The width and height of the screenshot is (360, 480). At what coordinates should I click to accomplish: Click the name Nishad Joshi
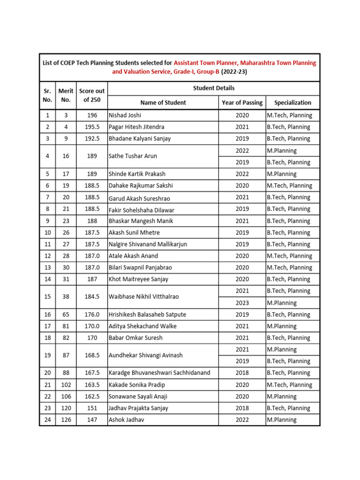[125, 115]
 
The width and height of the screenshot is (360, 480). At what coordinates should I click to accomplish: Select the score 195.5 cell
[92, 127]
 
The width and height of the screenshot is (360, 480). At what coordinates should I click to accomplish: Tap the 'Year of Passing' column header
[242, 103]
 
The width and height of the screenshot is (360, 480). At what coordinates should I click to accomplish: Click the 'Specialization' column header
[292, 103]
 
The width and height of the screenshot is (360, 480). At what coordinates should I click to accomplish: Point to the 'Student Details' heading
[214, 88]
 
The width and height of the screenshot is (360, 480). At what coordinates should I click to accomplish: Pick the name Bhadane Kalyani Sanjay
[140, 139]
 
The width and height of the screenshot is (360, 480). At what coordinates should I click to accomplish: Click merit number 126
[66, 420]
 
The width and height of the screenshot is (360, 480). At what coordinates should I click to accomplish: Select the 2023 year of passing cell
[242, 303]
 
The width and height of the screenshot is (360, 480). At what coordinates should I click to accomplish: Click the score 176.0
[92, 315]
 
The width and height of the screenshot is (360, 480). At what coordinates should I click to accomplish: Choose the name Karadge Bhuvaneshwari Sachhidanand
[159, 373]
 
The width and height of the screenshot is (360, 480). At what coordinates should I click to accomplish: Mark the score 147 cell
[92, 420]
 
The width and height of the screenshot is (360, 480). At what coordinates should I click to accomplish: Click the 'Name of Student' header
[163, 103]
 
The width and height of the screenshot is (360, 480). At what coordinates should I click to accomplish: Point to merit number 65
[66, 315]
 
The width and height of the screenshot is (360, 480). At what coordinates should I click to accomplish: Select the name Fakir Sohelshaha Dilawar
[141, 210]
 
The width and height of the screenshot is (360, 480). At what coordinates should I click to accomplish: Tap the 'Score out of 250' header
[92, 95]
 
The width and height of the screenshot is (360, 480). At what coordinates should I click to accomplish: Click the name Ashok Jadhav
[127, 420]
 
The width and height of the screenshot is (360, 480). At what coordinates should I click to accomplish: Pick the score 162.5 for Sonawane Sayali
[92, 397]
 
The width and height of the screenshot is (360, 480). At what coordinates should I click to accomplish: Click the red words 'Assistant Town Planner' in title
[209, 63]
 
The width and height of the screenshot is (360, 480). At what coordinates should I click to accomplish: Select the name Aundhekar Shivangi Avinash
[145, 356]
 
